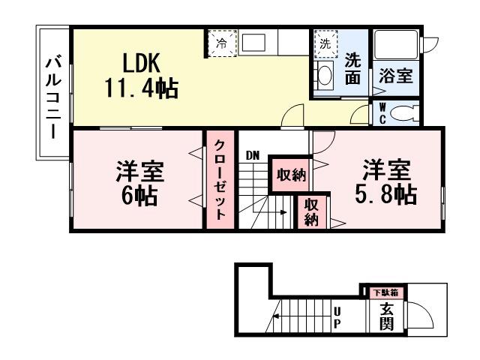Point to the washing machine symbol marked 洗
pos(325,43)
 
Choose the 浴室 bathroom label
pos(395,76)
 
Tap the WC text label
pos(382,113)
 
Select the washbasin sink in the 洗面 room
pos(324,74)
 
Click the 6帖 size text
pos(139,197)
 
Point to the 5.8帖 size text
pos(387,193)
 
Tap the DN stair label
pos(252,155)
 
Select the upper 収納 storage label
pos(290,175)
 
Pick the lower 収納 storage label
pos(311,211)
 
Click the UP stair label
pos(337,317)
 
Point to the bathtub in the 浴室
pos(396,49)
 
